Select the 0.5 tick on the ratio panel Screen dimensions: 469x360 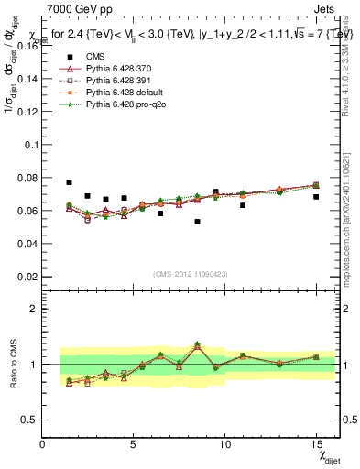click(30, 420)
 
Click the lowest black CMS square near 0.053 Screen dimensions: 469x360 click(197, 222)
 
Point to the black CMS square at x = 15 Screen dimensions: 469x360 click(316, 197)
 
